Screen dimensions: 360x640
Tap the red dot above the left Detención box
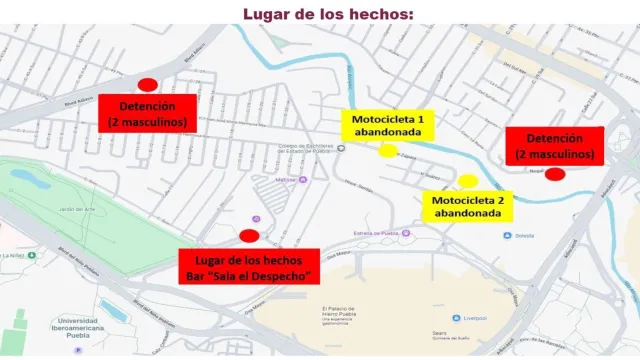[x=147, y=86]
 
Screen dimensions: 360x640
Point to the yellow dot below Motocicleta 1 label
[x=388, y=151]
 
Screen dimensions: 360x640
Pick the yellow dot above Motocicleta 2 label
[x=467, y=181]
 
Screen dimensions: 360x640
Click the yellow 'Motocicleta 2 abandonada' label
[x=467, y=206]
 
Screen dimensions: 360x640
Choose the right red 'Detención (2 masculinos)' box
[x=555, y=146]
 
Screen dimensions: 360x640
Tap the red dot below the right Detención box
[x=555, y=173]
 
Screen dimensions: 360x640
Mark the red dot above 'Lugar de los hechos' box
[x=249, y=235]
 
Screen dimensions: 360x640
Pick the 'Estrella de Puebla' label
[x=376, y=233]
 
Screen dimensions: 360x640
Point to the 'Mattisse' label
[x=287, y=180]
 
